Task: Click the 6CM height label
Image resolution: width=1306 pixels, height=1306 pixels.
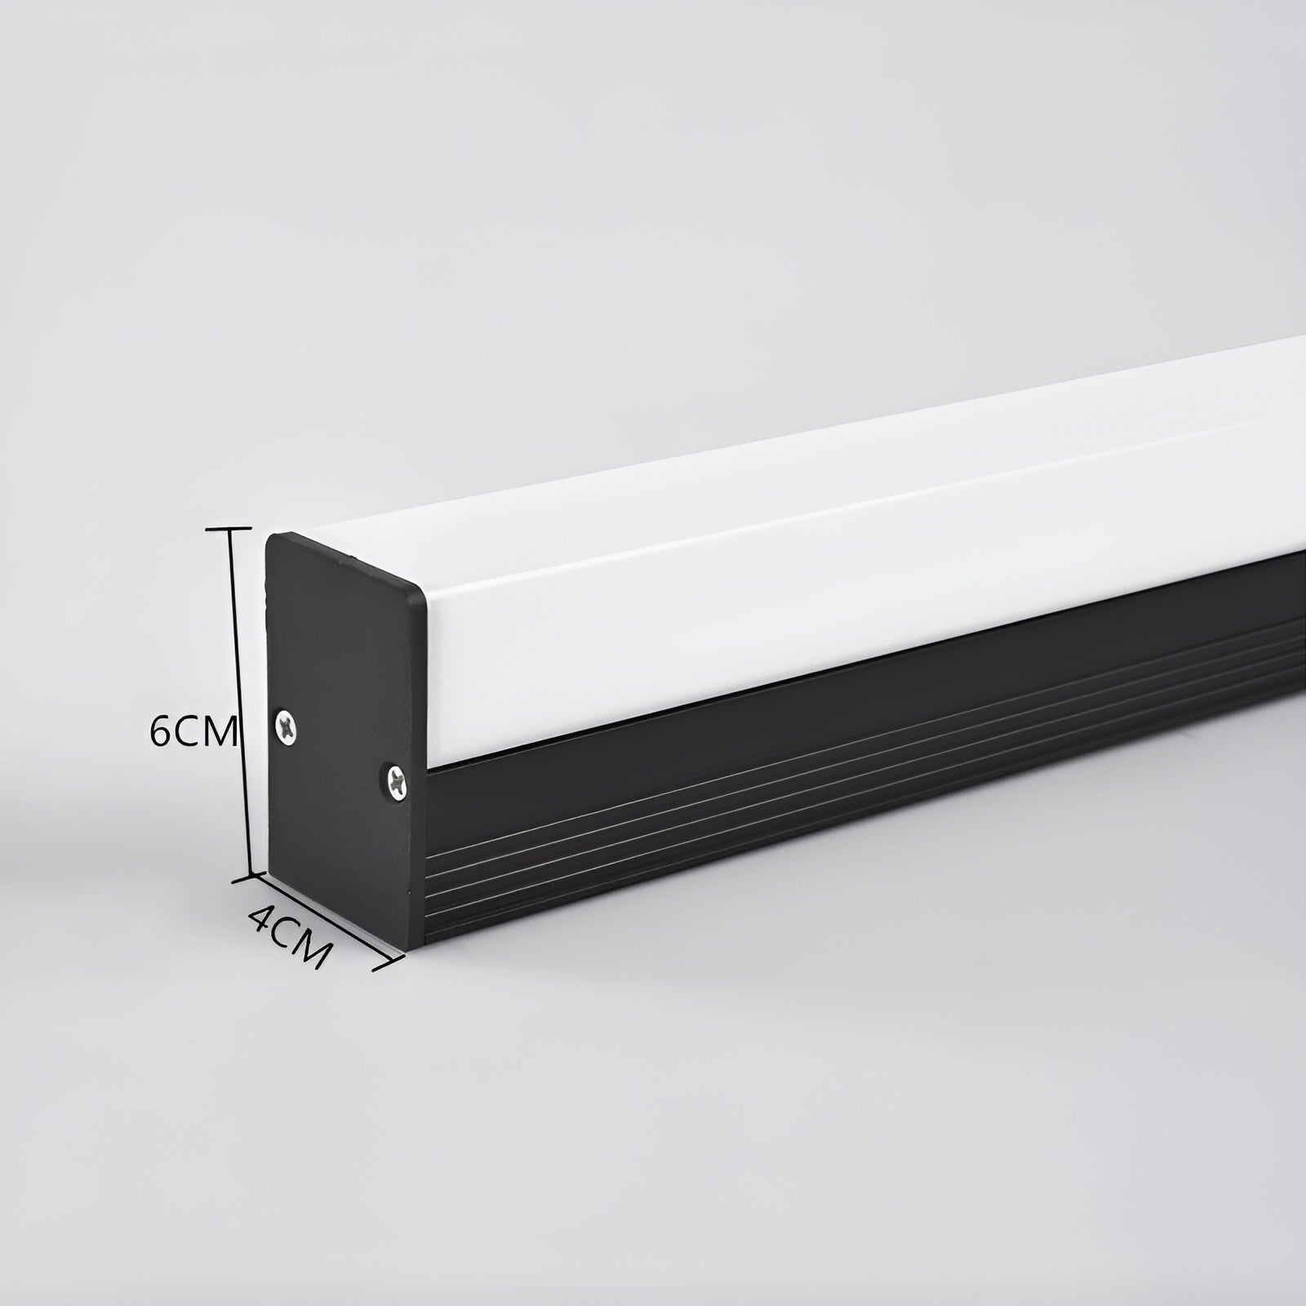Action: tap(193, 732)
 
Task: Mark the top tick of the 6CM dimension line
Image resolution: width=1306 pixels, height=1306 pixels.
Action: tap(228, 529)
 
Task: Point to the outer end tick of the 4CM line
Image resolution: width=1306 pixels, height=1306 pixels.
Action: tap(389, 964)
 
